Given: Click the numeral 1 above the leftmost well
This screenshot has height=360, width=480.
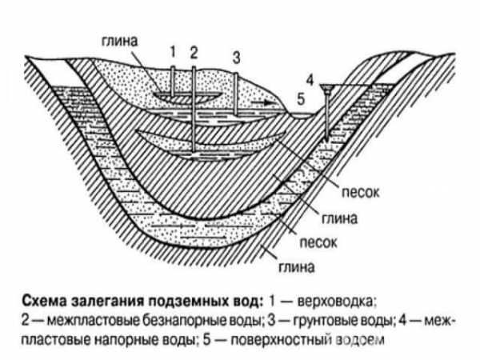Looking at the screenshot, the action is [173, 51].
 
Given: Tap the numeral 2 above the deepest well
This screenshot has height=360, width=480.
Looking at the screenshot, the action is [194, 52].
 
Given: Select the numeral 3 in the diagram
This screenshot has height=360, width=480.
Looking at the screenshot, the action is [236, 58].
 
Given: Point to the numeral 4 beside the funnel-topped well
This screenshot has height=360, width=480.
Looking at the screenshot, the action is [310, 80].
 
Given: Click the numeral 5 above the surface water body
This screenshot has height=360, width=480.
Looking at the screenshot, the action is [302, 99].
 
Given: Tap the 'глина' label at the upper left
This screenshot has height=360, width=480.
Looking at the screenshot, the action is [120, 41].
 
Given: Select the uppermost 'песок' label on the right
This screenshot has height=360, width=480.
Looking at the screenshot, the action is [360, 192].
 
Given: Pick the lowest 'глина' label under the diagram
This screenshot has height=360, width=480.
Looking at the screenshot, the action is [296, 267].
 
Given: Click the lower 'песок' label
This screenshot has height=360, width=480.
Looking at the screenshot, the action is [318, 242].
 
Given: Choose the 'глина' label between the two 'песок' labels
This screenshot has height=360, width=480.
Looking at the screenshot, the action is [339, 218].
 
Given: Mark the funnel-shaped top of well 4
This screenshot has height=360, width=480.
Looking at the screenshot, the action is [326, 89].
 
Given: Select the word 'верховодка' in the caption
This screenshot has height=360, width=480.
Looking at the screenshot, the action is [336, 302].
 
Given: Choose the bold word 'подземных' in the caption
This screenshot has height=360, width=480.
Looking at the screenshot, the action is [187, 302].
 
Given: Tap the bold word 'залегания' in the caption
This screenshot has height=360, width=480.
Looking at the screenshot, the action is [107, 302].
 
